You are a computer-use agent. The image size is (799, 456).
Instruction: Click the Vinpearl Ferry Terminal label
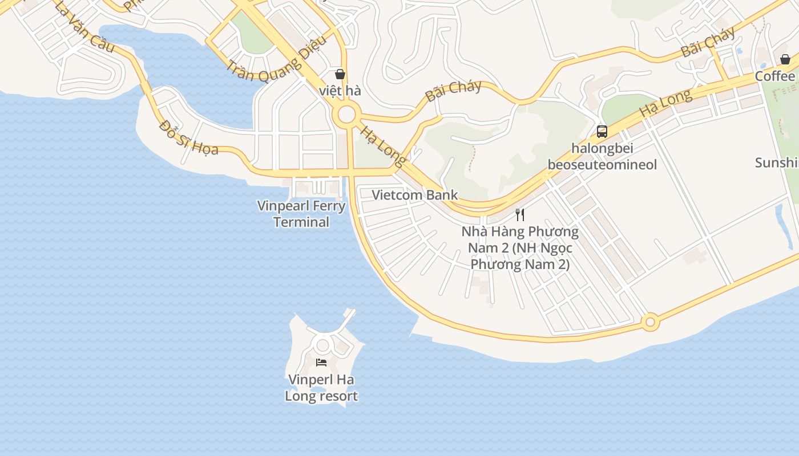point(301,214)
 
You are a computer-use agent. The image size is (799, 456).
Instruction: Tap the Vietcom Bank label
point(414,195)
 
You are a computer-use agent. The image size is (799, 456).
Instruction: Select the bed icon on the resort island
point(321,363)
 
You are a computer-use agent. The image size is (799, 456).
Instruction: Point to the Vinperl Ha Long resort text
point(321,388)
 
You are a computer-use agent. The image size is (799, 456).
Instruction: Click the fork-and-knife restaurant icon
point(520,215)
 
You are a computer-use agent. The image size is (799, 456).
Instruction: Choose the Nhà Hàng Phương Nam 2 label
point(519,248)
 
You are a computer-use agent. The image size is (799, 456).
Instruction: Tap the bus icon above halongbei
point(602,132)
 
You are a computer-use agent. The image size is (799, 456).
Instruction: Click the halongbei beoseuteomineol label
point(602,157)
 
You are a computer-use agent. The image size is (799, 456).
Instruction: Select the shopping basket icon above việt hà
point(340,74)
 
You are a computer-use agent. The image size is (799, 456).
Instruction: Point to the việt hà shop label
point(340,91)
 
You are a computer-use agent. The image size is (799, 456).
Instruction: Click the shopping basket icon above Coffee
point(785,59)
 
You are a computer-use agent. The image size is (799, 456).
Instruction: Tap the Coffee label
point(775,76)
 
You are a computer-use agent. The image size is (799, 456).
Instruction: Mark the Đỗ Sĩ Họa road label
point(189,137)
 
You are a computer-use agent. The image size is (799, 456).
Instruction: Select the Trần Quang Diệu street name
point(277,59)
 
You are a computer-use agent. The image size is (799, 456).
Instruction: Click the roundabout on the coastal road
point(649,323)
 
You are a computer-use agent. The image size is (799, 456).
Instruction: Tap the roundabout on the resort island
point(322,345)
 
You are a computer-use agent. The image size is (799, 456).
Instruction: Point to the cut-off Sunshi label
point(776,163)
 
